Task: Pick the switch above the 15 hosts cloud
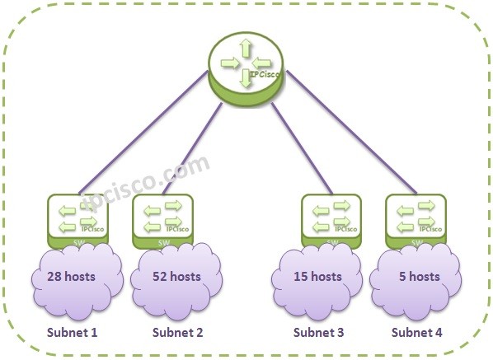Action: pyautogui.click(x=332, y=219)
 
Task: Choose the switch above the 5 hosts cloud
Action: pyautogui.click(x=416, y=219)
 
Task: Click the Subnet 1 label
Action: pyautogui.click(x=71, y=333)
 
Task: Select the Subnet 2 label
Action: pyautogui.click(x=177, y=333)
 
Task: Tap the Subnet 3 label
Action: pyautogui.click(x=319, y=333)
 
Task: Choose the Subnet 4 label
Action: pyautogui.click(x=416, y=333)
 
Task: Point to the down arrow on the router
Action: pyautogui.click(x=246, y=80)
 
